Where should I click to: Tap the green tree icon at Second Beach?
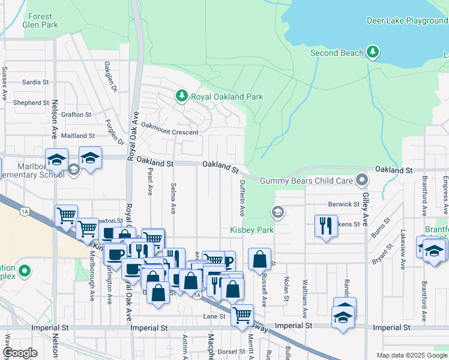[x=373, y=53]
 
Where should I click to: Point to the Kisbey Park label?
[x=252, y=230]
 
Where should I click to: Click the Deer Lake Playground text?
[x=407, y=21]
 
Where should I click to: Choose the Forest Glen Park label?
[x=40, y=21]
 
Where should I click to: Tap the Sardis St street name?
[x=35, y=82]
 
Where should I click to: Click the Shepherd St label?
[x=31, y=103]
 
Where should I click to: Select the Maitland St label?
[x=78, y=136]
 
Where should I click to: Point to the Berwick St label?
[x=343, y=204]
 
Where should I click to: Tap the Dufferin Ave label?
[x=243, y=198]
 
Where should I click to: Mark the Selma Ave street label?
[x=173, y=199]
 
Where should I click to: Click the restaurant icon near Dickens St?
[x=325, y=226]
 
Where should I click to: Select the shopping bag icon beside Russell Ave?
[x=259, y=259]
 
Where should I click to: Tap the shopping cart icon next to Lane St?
[x=242, y=314]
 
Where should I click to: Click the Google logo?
[x=20, y=353]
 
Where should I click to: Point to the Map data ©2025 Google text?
[x=411, y=355]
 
